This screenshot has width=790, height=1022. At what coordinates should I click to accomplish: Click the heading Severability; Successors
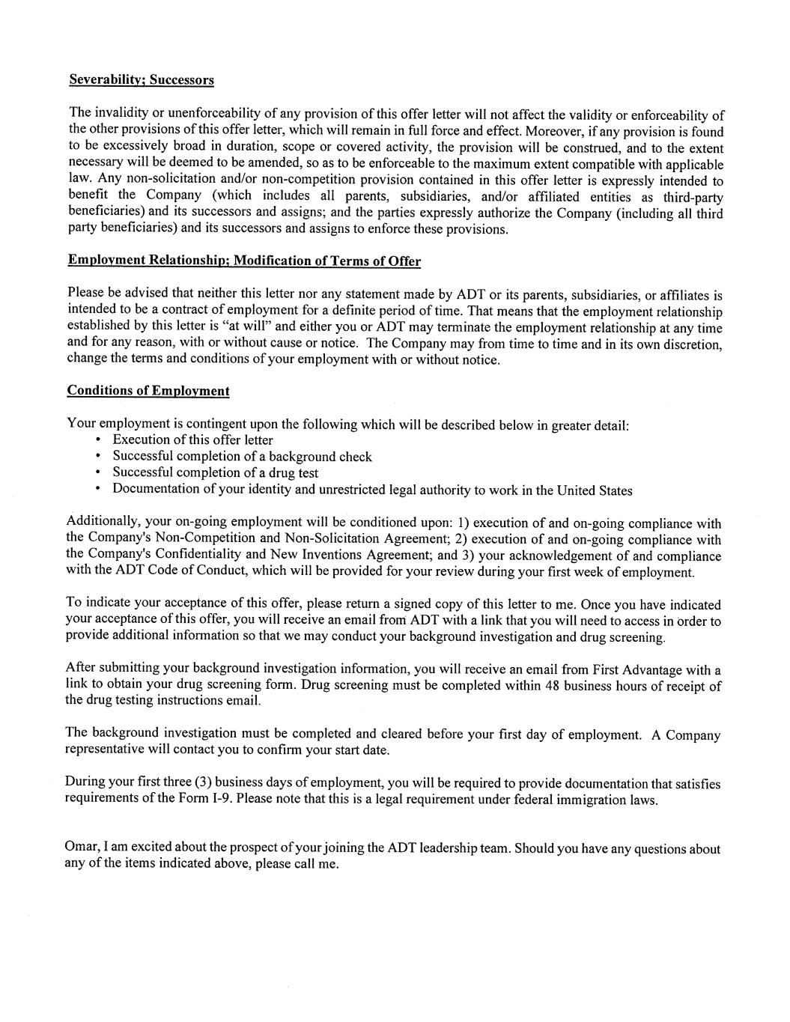(x=142, y=79)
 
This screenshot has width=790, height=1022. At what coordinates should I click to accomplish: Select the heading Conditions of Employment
(x=148, y=391)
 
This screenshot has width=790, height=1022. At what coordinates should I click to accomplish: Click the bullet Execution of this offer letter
(x=192, y=440)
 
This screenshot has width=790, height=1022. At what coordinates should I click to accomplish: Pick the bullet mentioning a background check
(x=242, y=457)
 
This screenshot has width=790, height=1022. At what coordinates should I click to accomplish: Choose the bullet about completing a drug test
(x=215, y=473)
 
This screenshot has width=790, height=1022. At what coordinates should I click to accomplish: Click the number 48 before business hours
(x=553, y=685)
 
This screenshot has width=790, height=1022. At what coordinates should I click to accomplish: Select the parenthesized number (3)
(x=203, y=782)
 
